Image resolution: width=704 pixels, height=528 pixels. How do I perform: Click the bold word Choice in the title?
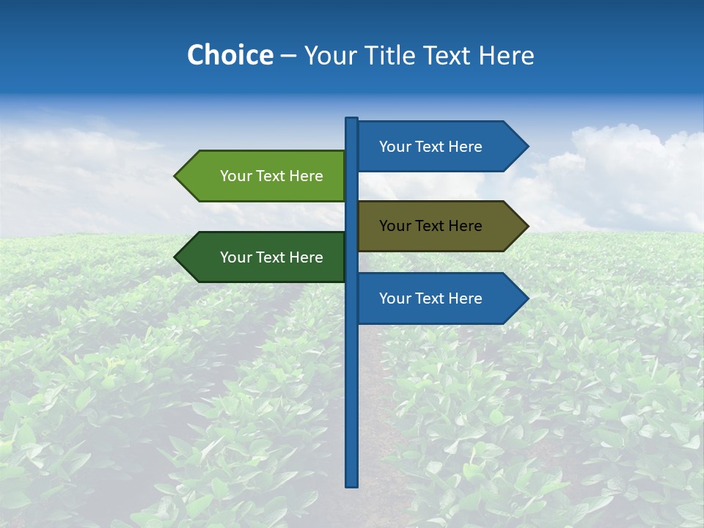230,55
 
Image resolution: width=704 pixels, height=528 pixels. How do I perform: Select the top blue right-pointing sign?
431,147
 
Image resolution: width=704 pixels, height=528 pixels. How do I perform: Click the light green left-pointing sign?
271,176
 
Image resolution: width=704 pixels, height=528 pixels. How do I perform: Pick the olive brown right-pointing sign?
431,226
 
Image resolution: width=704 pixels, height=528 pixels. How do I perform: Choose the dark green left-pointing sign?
271,257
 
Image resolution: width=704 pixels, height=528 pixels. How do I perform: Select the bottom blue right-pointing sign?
431,298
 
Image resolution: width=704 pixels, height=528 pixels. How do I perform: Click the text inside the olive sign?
430,226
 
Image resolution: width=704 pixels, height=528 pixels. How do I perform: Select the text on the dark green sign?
271,257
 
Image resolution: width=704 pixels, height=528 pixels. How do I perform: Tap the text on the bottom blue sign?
430,298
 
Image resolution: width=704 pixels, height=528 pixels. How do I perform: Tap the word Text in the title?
447,55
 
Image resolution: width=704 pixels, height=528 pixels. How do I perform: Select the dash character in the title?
288,56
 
